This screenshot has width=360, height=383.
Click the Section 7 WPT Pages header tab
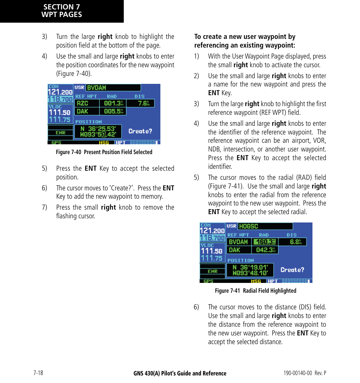62,11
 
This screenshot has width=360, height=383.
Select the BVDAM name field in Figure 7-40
113,88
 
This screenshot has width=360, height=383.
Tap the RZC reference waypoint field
87,103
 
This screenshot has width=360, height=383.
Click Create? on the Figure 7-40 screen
140,131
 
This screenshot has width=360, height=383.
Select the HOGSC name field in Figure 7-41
265,226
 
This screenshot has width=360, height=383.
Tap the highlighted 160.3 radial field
265,242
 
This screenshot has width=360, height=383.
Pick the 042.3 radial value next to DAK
265,250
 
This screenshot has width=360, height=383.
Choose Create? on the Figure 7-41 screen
292,270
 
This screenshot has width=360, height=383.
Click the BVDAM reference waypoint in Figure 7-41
239,242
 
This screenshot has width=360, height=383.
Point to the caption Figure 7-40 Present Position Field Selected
104,152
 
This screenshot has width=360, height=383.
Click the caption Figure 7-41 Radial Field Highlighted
255,291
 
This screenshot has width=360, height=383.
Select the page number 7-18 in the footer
38,373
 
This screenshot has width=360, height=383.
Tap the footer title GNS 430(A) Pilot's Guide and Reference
180,374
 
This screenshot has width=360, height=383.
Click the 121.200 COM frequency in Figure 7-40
60,92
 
